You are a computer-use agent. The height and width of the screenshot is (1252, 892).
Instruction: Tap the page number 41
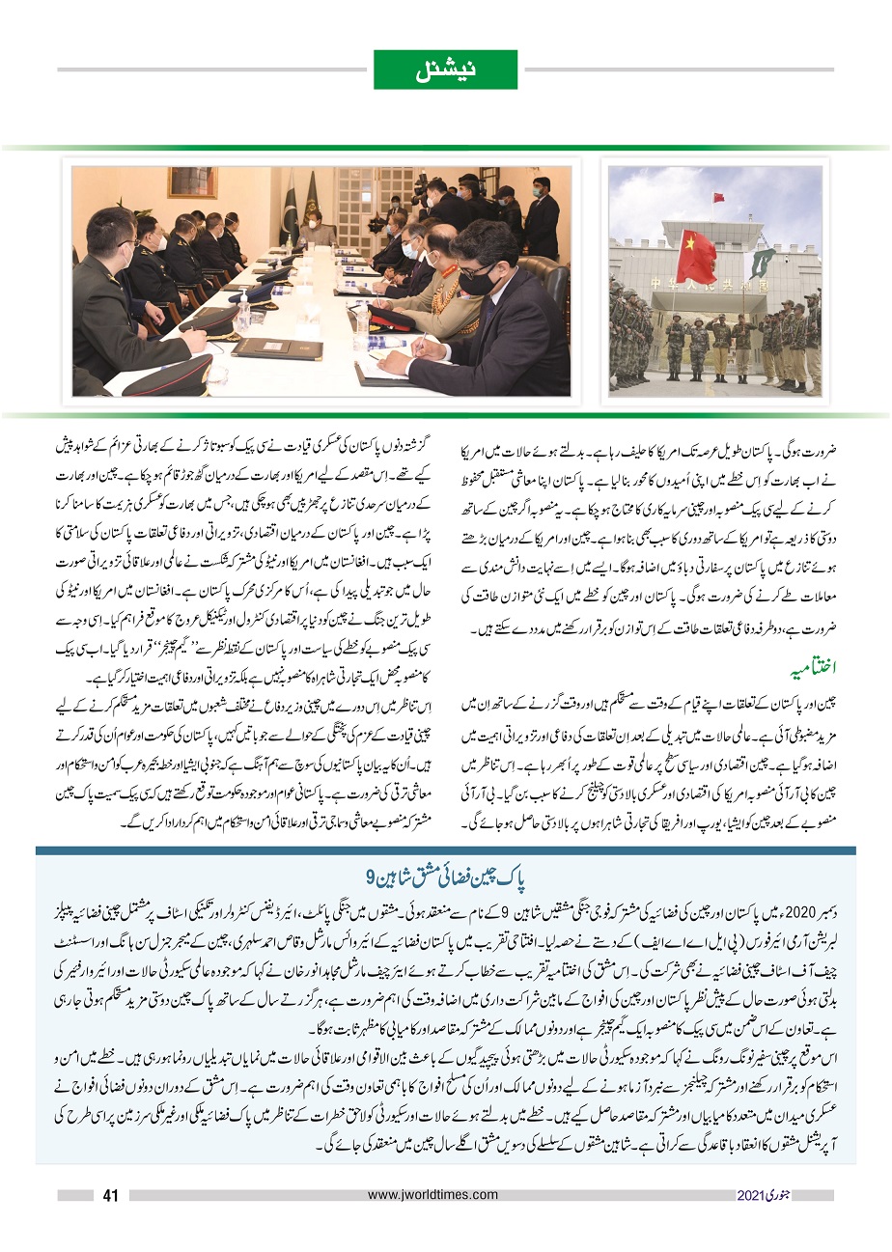tap(110, 1195)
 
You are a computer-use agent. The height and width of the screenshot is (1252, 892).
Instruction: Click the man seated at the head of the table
tap(314, 232)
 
